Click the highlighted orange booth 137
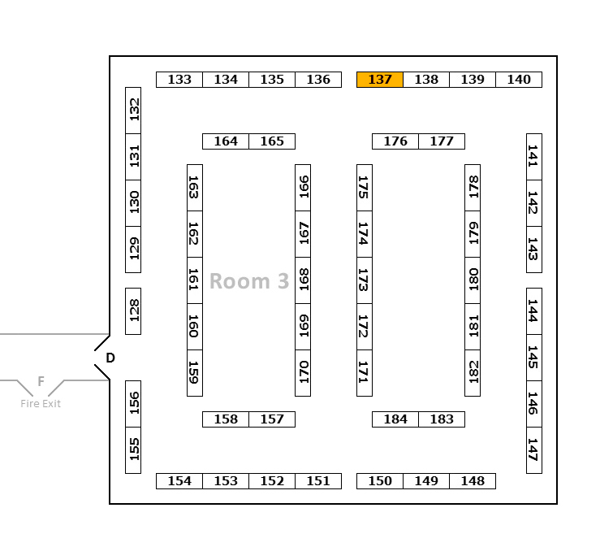pyautogui.click(x=380, y=80)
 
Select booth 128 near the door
pyautogui.click(x=133, y=310)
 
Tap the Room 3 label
pyautogui.click(x=248, y=281)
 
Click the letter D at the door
pyautogui.click(x=110, y=358)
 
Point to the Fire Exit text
pyautogui.click(x=41, y=403)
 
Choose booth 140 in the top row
pyautogui.click(x=519, y=80)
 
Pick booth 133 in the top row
pyautogui.click(x=179, y=80)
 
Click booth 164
pyautogui.click(x=226, y=141)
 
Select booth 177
pyautogui.click(x=442, y=141)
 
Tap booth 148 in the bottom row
pyautogui.click(x=473, y=481)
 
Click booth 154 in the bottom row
pyautogui.click(x=179, y=481)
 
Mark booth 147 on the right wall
pyautogui.click(x=533, y=449)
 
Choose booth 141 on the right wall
pyautogui.click(x=533, y=157)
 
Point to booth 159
pyautogui.click(x=195, y=373)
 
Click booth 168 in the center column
pyautogui.click(x=303, y=280)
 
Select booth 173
pyautogui.click(x=365, y=280)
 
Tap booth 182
pyautogui.click(x=473, y=373)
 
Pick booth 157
pyautogui.click(x=272, y=419)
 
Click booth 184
pyautogui.click(x=395, y=419)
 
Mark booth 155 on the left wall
pyautogui.click(x=133, y=449)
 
